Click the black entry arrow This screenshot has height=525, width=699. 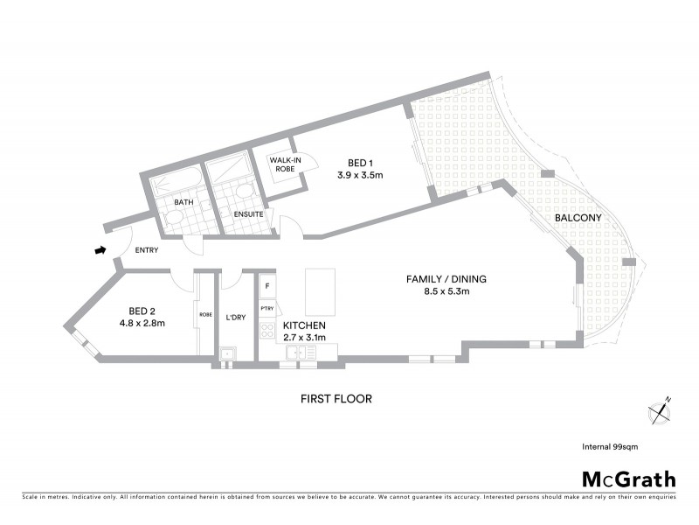click(100, 251)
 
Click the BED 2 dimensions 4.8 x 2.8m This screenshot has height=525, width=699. click(147, 323)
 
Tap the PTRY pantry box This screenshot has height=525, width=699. click(267, 309)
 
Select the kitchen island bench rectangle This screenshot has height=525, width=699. click(320, 293)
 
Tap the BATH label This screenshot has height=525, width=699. click(183, 202)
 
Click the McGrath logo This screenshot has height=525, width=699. click(628, 479)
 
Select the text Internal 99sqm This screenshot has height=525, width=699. click(610, 446)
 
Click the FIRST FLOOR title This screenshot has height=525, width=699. click(336, 399)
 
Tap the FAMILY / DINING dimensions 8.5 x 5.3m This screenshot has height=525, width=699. click(445, 291)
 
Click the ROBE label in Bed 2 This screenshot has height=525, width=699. click(205, 314)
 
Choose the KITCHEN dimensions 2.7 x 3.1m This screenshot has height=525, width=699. click(304, 337)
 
